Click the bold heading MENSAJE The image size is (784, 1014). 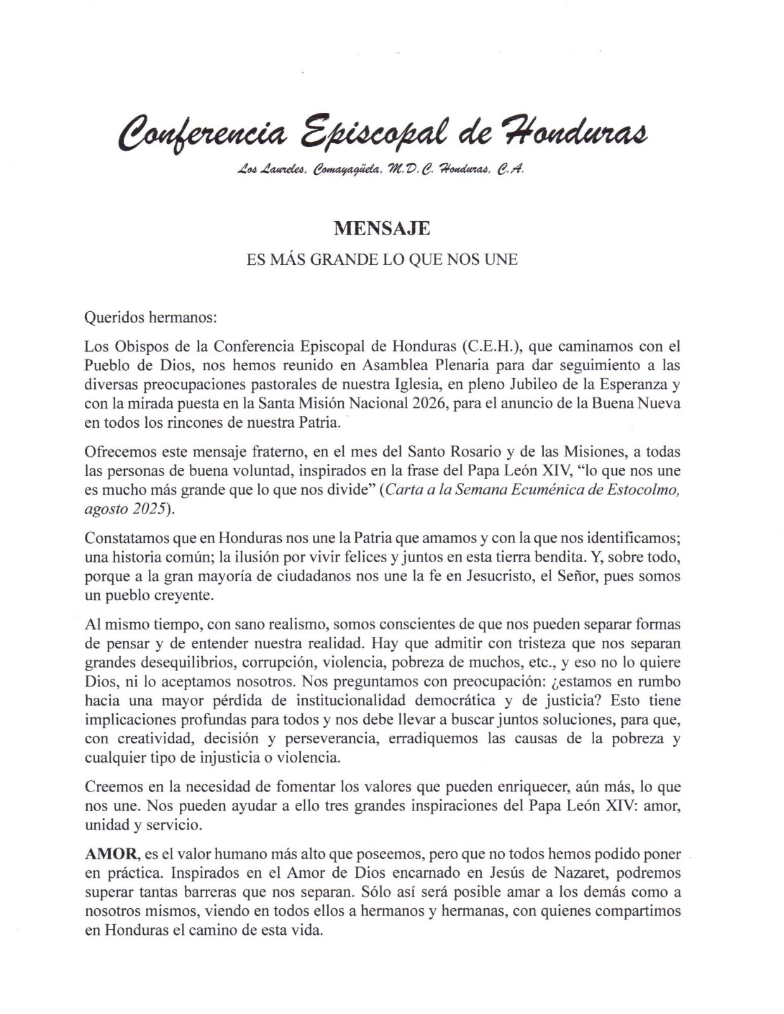tap(382, 228)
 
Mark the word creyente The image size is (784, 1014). tap(189, 596)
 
